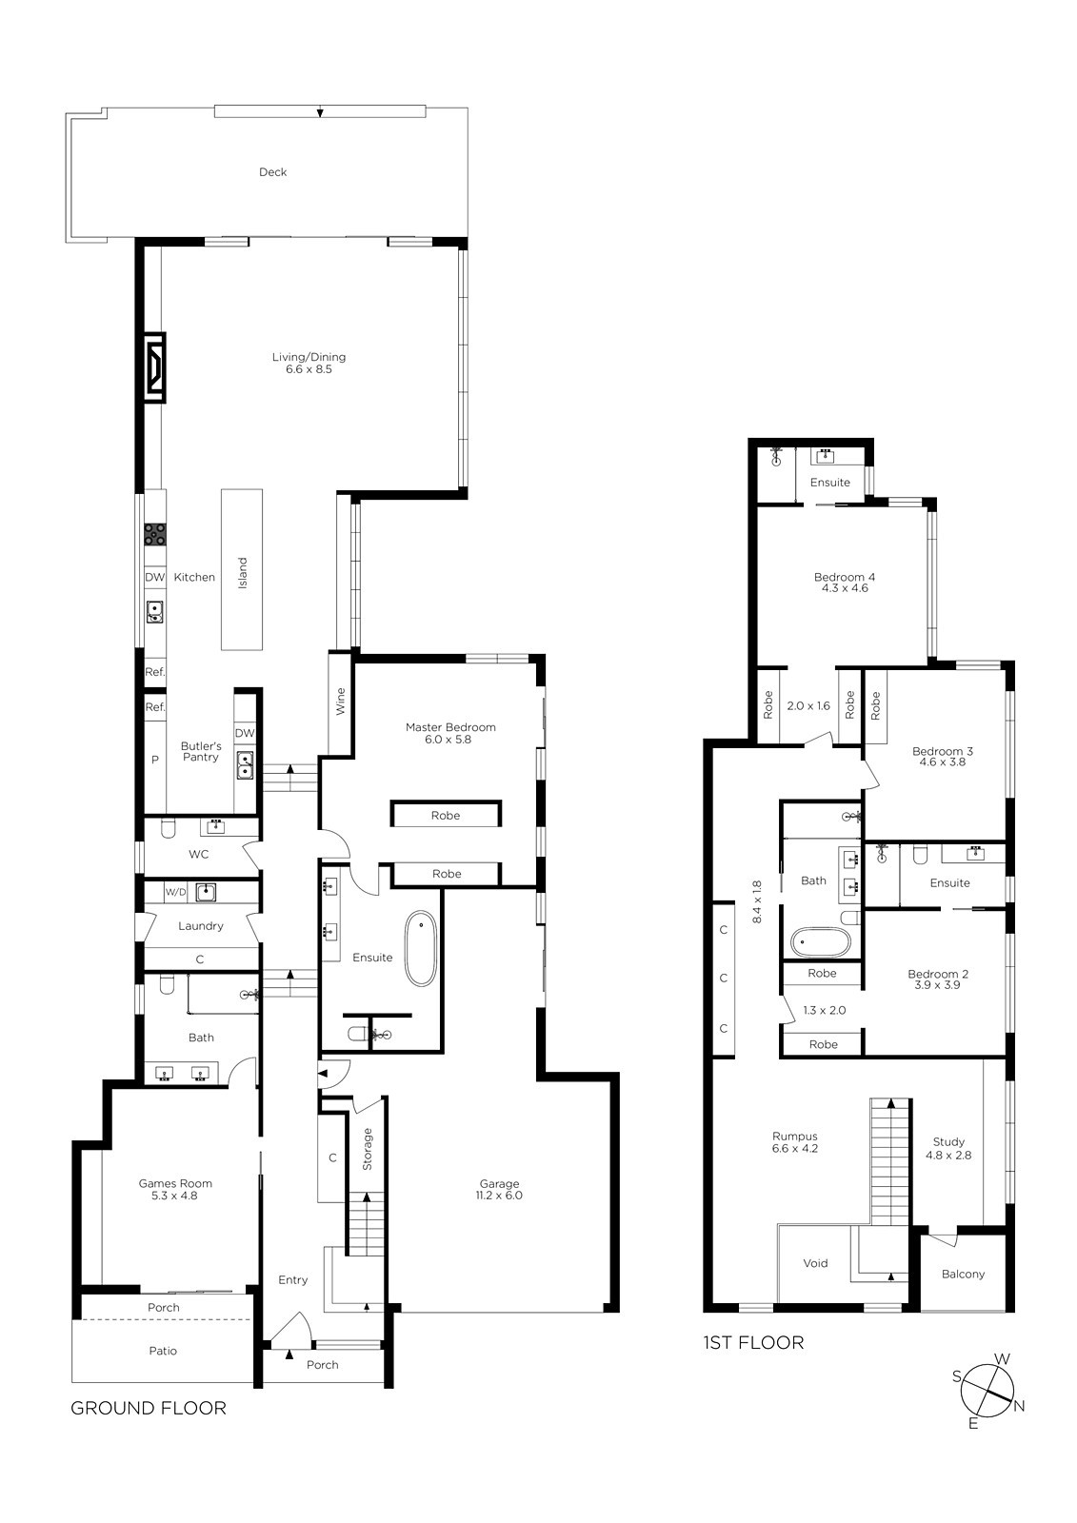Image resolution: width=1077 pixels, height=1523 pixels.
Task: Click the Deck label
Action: (273, 172)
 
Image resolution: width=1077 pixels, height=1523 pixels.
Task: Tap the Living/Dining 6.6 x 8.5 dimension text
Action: (309, 369)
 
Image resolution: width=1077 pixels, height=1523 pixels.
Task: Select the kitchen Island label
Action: (242, 572)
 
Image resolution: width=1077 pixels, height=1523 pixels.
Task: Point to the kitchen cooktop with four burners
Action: (155, 534)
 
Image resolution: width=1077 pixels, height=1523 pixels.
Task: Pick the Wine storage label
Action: (340, 701)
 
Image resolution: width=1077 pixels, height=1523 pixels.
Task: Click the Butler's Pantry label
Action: (201, 751)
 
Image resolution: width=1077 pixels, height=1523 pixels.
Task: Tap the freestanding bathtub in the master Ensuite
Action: (421, 948)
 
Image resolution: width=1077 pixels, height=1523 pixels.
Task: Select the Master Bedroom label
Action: (450, 727)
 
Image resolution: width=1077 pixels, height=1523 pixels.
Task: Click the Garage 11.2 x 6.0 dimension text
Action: (499, 1196)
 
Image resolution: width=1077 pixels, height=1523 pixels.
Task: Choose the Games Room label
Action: (175, 1183)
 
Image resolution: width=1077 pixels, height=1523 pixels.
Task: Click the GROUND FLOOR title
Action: (149, 1408)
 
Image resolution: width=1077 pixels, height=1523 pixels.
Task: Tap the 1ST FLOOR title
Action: (753, 1342)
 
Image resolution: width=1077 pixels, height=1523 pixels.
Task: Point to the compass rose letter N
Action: (1019, 1405)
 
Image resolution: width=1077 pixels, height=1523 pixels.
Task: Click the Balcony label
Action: (963, 1275)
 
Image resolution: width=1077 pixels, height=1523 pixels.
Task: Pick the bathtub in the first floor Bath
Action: (821, 942)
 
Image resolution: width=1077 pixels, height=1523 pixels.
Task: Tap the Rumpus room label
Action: (794, 1137)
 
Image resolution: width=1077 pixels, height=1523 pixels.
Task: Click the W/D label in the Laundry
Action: (175, 892)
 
